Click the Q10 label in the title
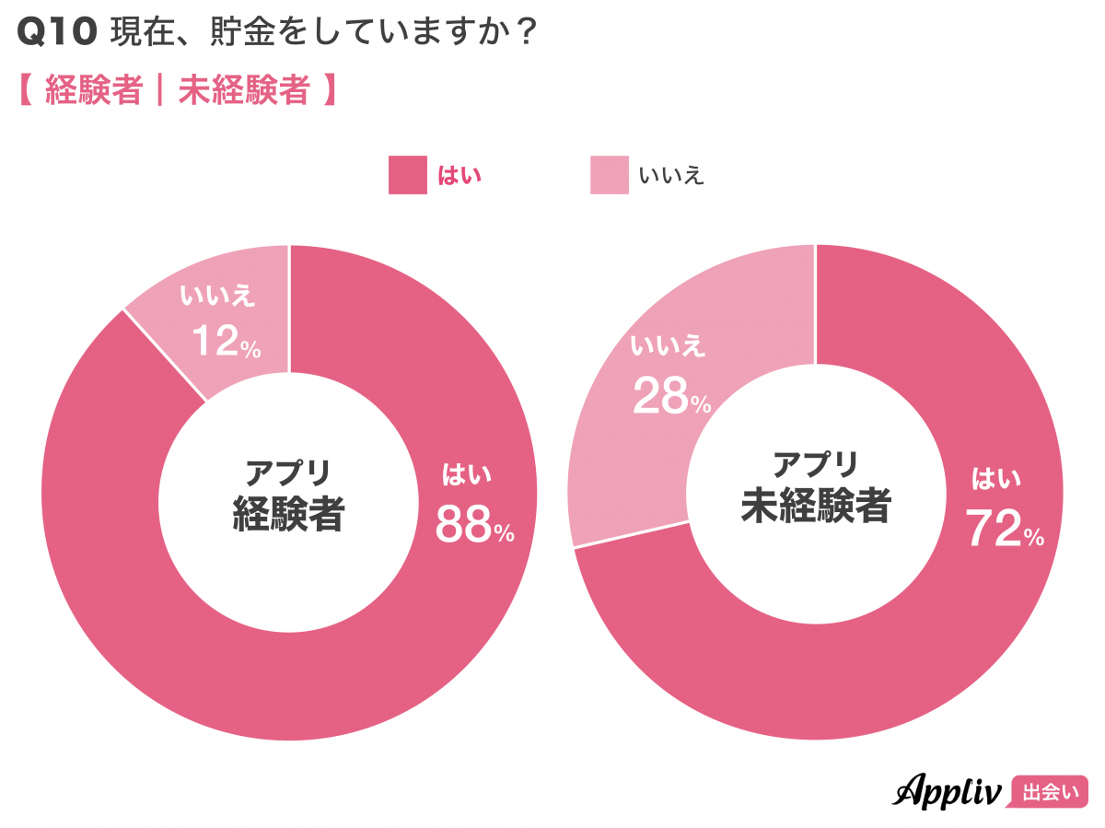point(56,33)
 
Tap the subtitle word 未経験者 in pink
point(243,91)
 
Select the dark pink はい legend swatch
point(408,175)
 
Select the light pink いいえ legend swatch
point(610,175)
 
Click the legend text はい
point(459,175)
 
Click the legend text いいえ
point(670,175)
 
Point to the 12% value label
point(227,343)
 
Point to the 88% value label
point(474,525)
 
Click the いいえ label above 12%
point(218,297)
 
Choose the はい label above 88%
point(468,475)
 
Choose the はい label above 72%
point(997,479)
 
